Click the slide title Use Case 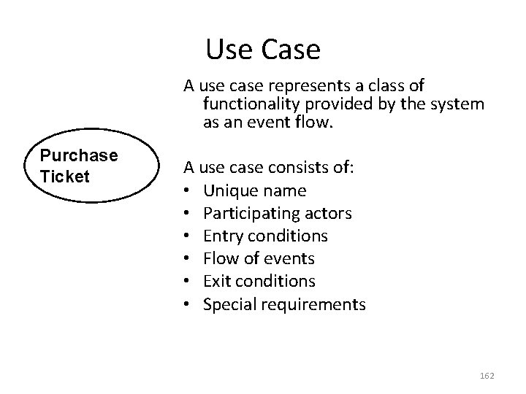pyautogui.click(x=263, y=50)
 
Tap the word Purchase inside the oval pyautogui.click(x=79, y=155)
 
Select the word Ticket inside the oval pyautogui.click(x=65, y=176)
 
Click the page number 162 pyautogui.click(x=487, y=375)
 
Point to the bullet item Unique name pyautogui.click(x=255, y=190)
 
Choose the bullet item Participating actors pyautogui.click(x=278, y=213)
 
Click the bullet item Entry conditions pyautogui.click(x=265, y=236)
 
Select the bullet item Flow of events pyautogui.click(x=259, y=258)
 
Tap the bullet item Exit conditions pyautogui.click(x=259, y=281)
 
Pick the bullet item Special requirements pyautogui.click(x=284, y=304)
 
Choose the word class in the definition pyautogui.click(x=388, y=85)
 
